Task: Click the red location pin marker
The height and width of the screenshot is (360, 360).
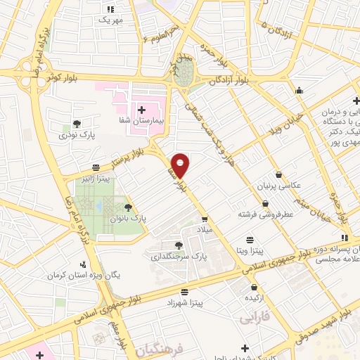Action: [181, 165]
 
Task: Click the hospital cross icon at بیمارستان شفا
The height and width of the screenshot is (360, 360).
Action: [143, 110]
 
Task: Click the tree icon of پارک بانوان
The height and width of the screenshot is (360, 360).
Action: [128, 207]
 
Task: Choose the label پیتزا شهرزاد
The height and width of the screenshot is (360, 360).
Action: [184, 302]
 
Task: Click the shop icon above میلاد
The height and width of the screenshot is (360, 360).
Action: [205, 219]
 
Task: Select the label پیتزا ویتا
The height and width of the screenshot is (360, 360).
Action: [249, 250]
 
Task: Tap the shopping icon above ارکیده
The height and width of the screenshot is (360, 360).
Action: [254, 288]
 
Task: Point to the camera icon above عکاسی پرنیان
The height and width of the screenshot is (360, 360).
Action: [279, 174]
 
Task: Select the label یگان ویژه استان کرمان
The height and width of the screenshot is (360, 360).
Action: [87, 274]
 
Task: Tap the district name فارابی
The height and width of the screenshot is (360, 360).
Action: [255, 319]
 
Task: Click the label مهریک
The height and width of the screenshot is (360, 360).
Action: [110, 20]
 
